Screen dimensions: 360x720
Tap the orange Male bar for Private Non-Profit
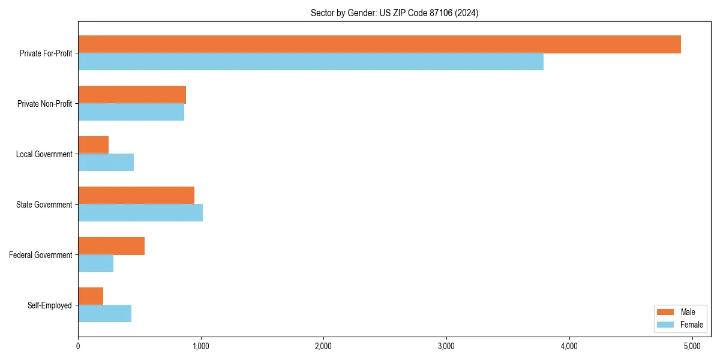[x=132, y=95]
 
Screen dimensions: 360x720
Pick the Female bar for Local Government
[x=106, y=163]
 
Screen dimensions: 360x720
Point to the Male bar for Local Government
[x=93, y=145]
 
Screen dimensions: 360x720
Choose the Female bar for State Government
[x=140, y=213]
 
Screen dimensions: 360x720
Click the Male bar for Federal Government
[x=111, y=246]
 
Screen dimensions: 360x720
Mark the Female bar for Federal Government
[x=95, y=263]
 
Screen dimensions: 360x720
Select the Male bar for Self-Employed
[x=91, y=296]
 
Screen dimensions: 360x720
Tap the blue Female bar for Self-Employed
[x=104, y=314]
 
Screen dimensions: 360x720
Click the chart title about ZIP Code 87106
[x=394, y=13]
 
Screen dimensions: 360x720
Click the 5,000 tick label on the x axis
[x=692, y=346]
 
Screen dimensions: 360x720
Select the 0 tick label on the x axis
[x=78, y=346]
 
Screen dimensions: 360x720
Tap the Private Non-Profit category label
[x=44, y=104]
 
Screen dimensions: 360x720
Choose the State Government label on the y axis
[x=44, y=205]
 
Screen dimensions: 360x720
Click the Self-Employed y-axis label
[x=49, y=305]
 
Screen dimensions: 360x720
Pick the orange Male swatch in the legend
[x=665, y=312]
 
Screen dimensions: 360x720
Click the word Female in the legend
[x=691, y=325]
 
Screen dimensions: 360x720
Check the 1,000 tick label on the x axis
[x=201, y=346]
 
